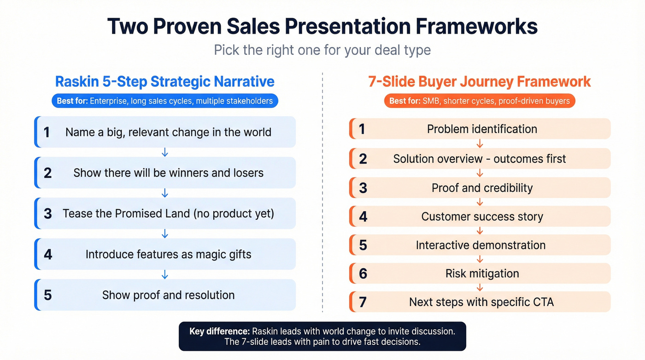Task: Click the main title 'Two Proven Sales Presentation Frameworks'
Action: click(x=322, y=26)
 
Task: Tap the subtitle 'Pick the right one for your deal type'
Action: click(x=322, y=49)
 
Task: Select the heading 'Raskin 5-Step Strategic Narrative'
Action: click(x=164, y=82)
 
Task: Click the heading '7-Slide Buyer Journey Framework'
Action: click(x=479, y=82)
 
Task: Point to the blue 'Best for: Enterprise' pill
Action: click(x=164, y=100)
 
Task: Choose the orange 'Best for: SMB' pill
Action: click(x=479, y=100)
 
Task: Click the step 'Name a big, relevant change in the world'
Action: click(x=168, y=132)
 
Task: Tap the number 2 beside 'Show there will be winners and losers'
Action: click(x=47, y=173)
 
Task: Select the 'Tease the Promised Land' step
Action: click(x=168, y=213)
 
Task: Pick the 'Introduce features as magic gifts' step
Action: click(x=168, y=254)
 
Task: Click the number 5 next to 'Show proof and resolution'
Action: click(x=47, y=295)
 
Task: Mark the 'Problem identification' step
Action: click(x=482, y=129)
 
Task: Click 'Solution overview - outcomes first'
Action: click(x=479, y=159)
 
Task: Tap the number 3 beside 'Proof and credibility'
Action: click(x=363, y=188)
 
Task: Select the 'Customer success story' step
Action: click(x=482, y=217)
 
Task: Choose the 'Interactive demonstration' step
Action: click(x=481, y=245)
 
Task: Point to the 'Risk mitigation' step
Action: click(x=482, y=274)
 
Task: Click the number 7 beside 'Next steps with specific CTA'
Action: click(x=363, y=302)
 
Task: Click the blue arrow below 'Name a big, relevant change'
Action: click(x=165, y=153)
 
